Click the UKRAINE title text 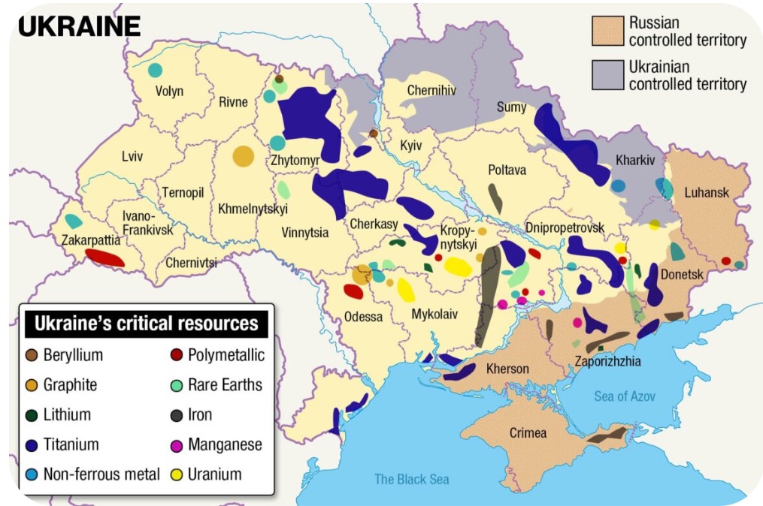pyautogui.click(x=79, y=26)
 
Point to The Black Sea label pyautogui.click(x=412, y=479)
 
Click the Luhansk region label pyautogui.click(x=707, y=193)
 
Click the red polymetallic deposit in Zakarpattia pyautogui.click(x=104, y=258)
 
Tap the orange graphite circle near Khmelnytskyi pyautogui.click(x=243, y=156)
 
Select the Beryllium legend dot pyautogui.click(x=33, y=355)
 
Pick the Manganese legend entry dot pyautogui.click(x=177, y=444)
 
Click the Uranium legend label pyautogui.click(x=215, y=474)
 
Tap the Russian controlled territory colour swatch pyautogui.click(x=607, y=32)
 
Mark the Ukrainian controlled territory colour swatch pyautogui.click(x=607, y=75)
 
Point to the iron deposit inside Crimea pyautogui.click(x=607, y=433)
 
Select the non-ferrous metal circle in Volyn pyautogui.click(x=155, y=70)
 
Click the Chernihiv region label pyautogui.click(x=432, y=91)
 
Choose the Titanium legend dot pyautogui.click(x=33, y=444)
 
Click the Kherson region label pyautogui.click(x=508, y=369)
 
